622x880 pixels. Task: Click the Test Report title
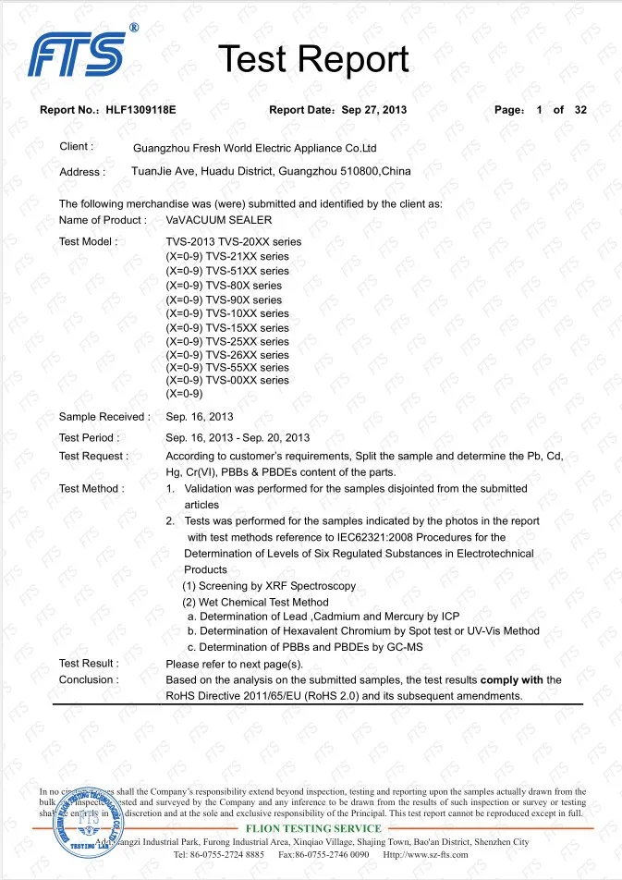[312, 59]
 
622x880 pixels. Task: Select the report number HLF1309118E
[140, 110]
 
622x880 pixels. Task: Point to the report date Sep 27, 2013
[373, 110]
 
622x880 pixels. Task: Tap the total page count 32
[580, 110]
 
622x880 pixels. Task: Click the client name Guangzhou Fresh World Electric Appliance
[255, 148]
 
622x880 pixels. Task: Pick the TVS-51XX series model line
[226, 271]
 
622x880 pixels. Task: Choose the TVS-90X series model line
[224, 299]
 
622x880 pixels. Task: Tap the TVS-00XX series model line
[226, 380]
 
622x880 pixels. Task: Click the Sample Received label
[104, 417]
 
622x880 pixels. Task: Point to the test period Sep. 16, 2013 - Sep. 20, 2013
[238, 437]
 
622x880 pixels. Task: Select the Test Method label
[91, 488]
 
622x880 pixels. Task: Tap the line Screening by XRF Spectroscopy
[269, 587]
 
